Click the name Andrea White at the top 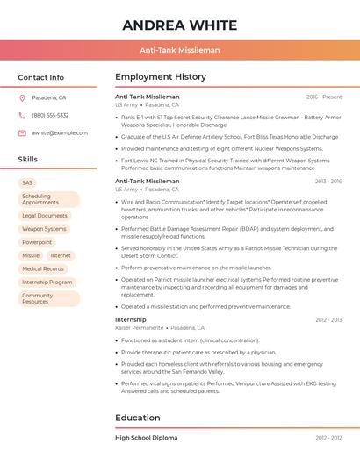tap(180, 24)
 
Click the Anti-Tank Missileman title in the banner tap(180, 50)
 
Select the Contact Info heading tap(41, 77)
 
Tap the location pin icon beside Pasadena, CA tap(22, 97)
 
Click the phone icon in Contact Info tap(22, 115)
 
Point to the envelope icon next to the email tap(22, 132)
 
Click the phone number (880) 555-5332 tap(50, 115)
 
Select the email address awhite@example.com tap(60, 132)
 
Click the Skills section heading tap(28, 160)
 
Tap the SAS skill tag tap(28, 182)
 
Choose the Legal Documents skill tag tap(45, 215)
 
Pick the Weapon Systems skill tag tap(44, 229)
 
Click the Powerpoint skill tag tap(37, 242)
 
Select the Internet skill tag tap(61, 255)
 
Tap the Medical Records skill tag tap(43, 268)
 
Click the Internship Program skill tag tap(47, 282)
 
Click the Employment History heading tap(161, 77)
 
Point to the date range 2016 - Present tap(324, 97)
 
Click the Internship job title tap(131, 319)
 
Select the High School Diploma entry tap(146, 437)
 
